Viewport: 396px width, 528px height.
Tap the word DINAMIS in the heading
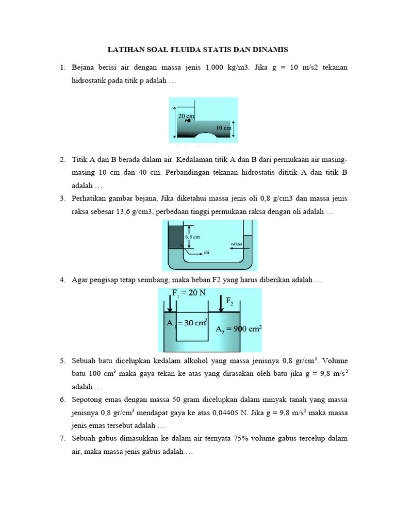coord(269,50)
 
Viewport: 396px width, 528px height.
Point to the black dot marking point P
coord(188,121)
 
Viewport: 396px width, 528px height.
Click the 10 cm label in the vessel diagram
coord(223,127)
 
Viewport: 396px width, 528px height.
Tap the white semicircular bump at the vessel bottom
coord(207,136)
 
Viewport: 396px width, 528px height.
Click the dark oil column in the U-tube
coord(176,237)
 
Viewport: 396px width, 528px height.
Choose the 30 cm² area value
coord(192,323)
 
